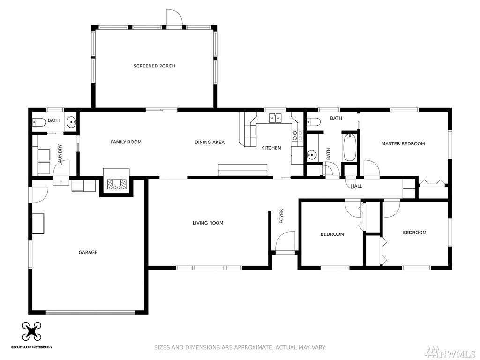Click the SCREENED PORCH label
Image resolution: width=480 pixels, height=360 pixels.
[154, 66]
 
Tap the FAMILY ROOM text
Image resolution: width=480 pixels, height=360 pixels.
[126, 142]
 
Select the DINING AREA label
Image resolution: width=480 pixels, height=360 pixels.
[210, 142]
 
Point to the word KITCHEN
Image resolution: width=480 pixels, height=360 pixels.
[271, 148]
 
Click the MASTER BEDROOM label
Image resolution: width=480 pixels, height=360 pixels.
[403, 143]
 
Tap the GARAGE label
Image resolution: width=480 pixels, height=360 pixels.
[88, 252]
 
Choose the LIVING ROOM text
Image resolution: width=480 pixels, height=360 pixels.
[208, 223]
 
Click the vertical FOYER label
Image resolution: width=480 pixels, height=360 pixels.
[282, 216]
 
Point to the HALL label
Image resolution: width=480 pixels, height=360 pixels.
[356, 186]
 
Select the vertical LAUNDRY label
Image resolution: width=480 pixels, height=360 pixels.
[60, 155]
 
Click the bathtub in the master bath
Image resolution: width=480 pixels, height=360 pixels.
[349, 147]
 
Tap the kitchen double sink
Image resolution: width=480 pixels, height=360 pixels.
[276, 118]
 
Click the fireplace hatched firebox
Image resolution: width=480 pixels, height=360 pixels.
[116, 183]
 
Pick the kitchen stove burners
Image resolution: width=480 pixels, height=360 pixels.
[294, 135]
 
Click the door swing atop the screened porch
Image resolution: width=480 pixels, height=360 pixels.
[174, 17]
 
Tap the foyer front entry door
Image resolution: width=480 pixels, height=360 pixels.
[285, 241]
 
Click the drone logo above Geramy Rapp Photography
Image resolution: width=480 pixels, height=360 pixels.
[32, 331]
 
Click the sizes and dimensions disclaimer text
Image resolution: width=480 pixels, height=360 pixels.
[240, 347]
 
